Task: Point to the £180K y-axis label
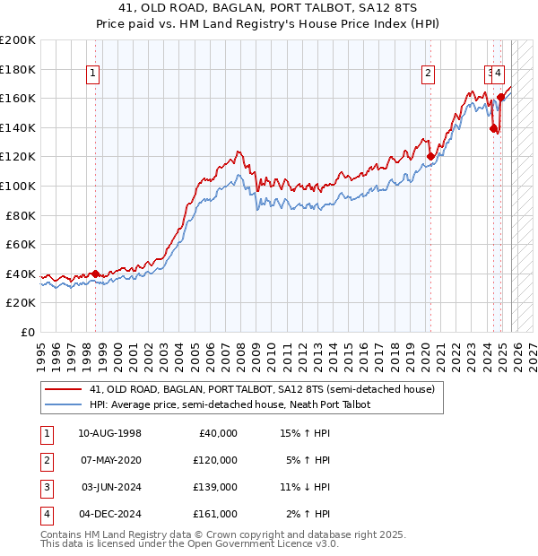tap(18, 69)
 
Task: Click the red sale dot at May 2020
tap(430, 156)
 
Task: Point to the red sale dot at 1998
tap(96, 274)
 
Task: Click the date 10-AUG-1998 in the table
tap(109, 433)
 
